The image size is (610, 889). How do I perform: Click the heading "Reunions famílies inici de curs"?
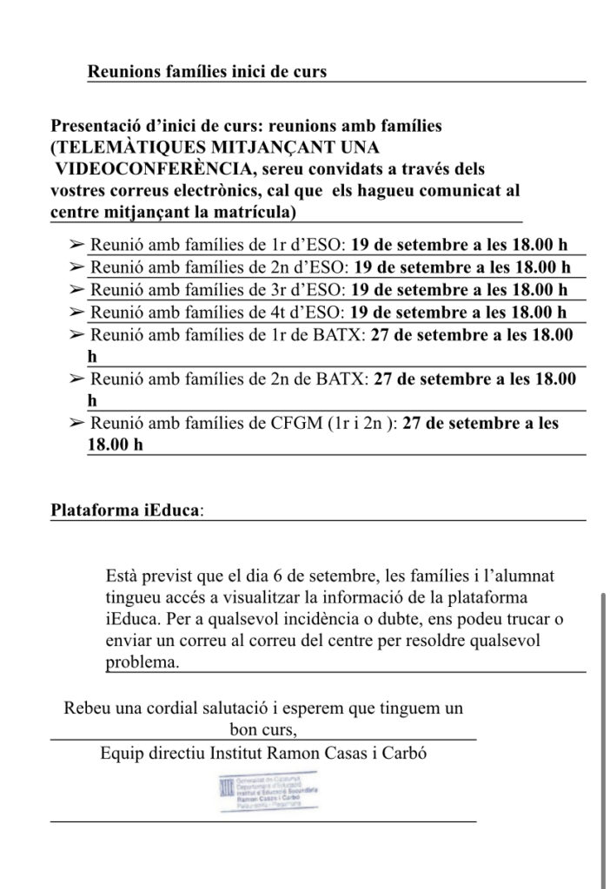(207, 71)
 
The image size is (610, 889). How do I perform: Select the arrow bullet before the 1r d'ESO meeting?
(76, 245)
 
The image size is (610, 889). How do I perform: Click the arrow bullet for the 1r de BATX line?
(76, 333)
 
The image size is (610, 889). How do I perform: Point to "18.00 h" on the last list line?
(116, 444)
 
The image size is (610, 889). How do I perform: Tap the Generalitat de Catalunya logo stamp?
(263, 792)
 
